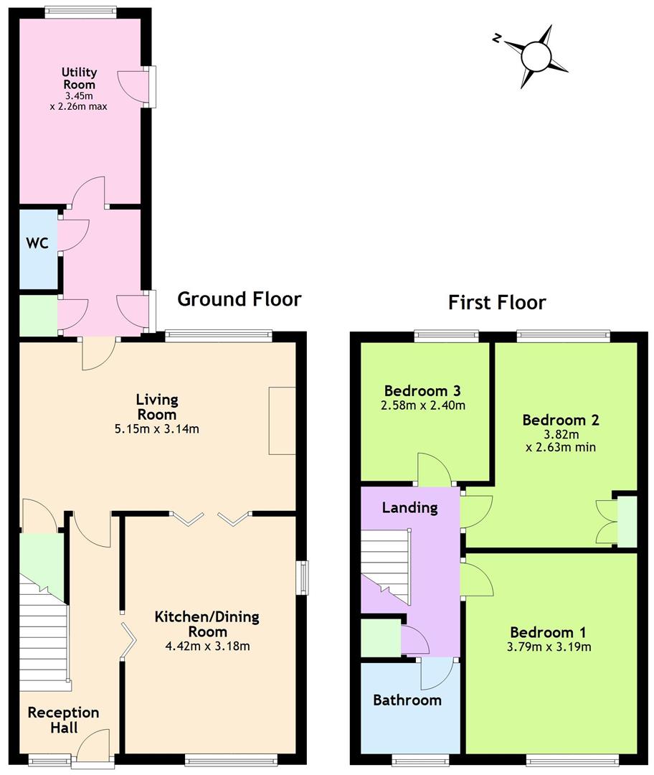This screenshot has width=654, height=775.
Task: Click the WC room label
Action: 37,243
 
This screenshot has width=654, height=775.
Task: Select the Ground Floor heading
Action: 239,299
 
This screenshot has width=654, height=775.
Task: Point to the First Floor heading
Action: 497,302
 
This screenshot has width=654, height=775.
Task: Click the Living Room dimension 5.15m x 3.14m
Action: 157,430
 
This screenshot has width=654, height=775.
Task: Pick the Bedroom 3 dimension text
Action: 425,405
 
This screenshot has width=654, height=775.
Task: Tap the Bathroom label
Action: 407,700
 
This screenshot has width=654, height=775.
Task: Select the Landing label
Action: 409,507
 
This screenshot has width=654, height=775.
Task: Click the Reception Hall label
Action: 63,720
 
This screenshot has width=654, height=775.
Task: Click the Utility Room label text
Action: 78,78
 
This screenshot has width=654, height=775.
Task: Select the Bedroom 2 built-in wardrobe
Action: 626,520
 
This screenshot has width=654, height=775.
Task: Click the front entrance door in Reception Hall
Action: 92,746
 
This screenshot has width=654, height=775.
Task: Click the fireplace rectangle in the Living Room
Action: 282,420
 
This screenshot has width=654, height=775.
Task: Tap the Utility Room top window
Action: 80,11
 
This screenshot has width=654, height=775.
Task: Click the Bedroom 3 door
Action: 435,470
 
